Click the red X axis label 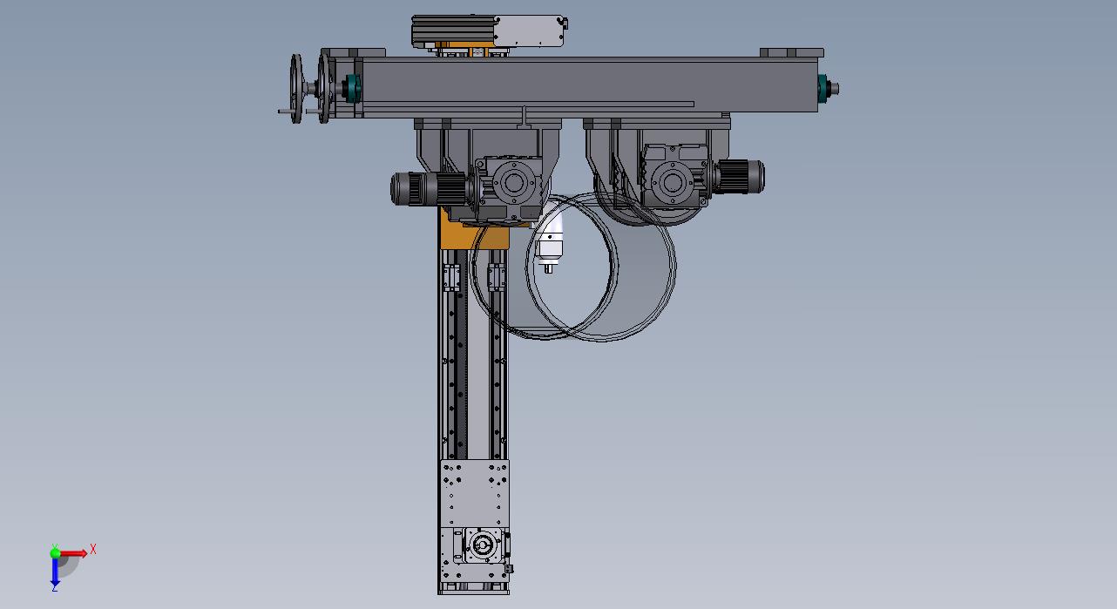pyautogui.click(x=92, y=550)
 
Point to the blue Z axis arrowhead pyautogui.click(x=55, y=582)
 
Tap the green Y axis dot pyautogui.click(x=55, y=552)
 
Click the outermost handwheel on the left pyautogui.click(x=296, y=89)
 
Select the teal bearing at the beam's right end pyautogui.click(x=822, y=89)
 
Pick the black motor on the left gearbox pyautogui.click(x=428, y=188)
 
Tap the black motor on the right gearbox pyautogui.click(x=740, y=177)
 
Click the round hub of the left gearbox pyautogui.click(x=513, y=183)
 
